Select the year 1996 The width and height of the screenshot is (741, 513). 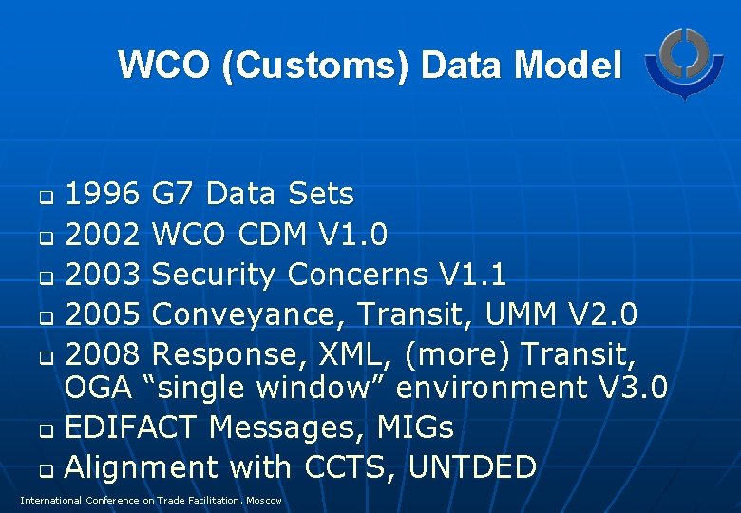coord(104,195)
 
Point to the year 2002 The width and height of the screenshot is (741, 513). coord(104,235)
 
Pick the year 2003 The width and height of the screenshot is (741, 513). coord(104,275)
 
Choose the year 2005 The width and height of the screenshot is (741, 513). coord(104,314)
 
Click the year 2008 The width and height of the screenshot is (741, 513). coord(104,354)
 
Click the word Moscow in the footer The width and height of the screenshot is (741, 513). coord(262,500)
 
